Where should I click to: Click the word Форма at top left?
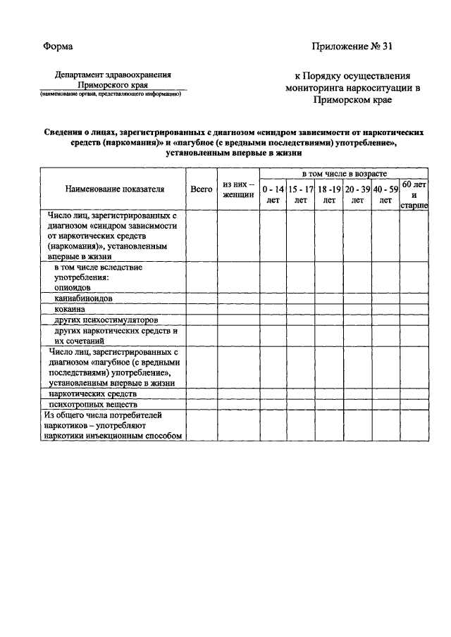click(x=58, y=46)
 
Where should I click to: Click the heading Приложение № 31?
click(x=351, y=46)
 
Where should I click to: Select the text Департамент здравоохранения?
click(x=113, y=73)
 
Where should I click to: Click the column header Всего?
click(x=202, y=189)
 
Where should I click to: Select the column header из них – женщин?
click(x=238, y=189)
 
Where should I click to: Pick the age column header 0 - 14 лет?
click(x=273, y=194)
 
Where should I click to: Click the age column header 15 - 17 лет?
click(x=301, y=194)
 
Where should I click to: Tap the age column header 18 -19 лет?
click(x=329, y=194)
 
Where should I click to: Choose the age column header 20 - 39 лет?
click(x=357, y=194)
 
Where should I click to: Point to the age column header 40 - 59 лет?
click(x=385, y=194)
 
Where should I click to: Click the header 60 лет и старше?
click(x=414, y=194)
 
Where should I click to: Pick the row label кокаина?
click(x=69, y=309)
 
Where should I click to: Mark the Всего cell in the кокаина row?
click(x=202, y=309)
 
